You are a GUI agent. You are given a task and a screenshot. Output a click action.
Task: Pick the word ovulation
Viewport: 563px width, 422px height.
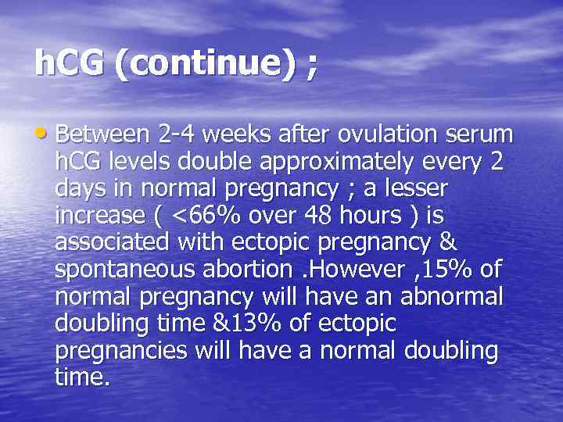coord(382,134)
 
